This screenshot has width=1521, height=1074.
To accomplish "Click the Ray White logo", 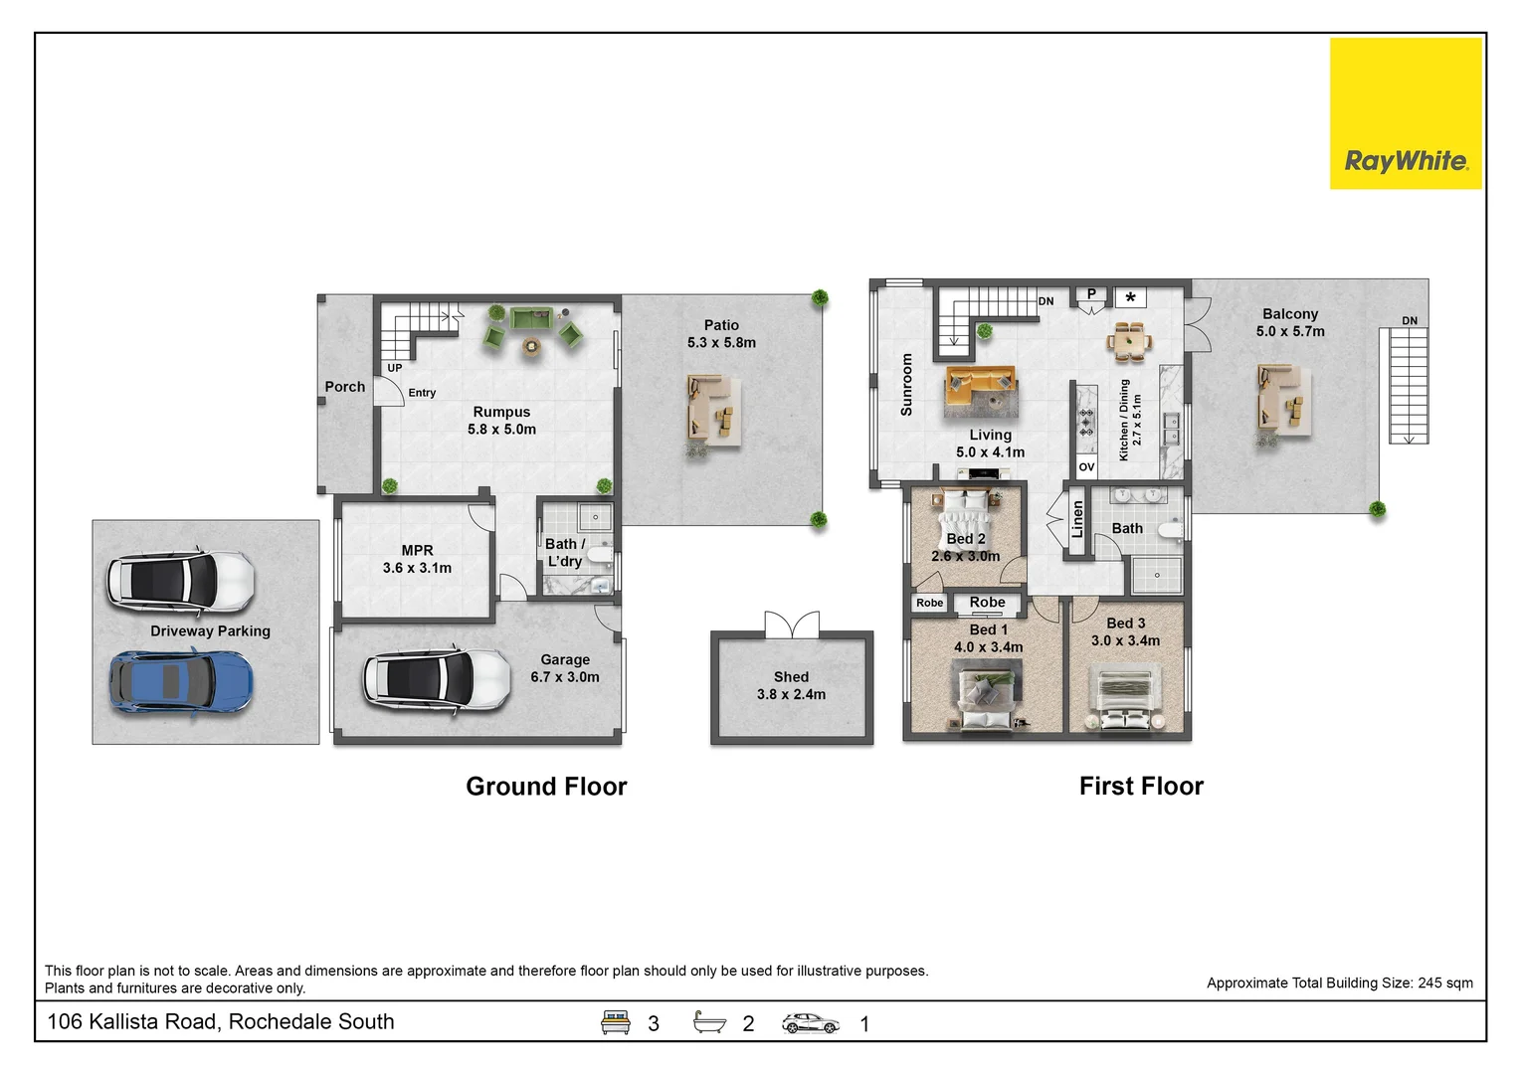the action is point(1405,113).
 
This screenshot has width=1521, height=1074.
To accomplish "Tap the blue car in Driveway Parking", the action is point(181,683).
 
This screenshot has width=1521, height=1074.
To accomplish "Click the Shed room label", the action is point(791,686).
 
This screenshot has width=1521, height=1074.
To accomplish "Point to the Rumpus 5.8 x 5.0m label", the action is point(501,421).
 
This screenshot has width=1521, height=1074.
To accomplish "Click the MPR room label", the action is point(417,559).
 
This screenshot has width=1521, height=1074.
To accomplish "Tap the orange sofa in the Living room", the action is point(981,386).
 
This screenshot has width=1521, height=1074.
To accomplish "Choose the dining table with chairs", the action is point(1129,341).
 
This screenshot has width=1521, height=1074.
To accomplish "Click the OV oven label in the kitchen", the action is point(1086,467).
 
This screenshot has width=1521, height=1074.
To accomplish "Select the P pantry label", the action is point(1091,294).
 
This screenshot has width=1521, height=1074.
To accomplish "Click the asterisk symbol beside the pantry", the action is point(1131,297).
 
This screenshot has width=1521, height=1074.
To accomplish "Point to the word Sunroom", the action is point(906,384).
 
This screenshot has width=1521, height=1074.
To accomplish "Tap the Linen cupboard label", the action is point(1077,519).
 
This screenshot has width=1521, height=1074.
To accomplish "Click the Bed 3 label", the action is point(1126,624).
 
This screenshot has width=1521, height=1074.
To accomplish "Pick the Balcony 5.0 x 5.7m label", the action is point(1290,322).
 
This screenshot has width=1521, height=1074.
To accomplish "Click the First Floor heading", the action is point(1141,787).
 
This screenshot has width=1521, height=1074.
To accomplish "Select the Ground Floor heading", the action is point(546,787).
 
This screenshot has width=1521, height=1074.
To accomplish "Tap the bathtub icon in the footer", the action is point(709,1021).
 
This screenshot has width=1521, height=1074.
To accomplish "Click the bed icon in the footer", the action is point(616,1022).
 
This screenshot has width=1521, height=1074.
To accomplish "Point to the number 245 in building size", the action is point(1429,984).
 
